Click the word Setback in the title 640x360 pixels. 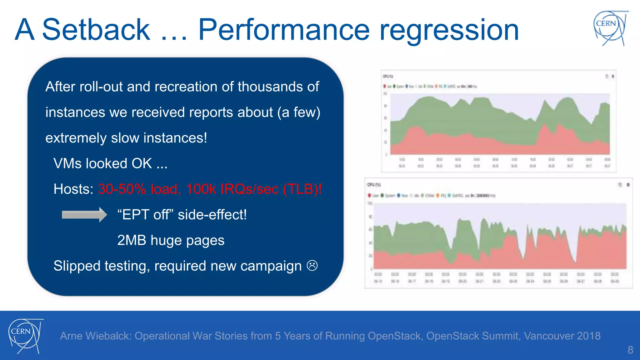pyautogui.click(x=96, y=30)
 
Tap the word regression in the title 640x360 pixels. pyautogui.click(x=449, y=31)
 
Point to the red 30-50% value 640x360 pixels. pyautogui.click(x=122, y=189)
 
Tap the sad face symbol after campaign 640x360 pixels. pyautogui.click(x=312, y=266)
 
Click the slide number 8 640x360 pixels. pyautogui.click(x=630, y=350)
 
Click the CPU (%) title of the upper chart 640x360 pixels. pyautogui.click(x=388, y=76)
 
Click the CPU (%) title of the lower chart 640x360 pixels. pyautogui.click(x=374, y=185)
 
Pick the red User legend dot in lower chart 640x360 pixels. pyautogui.click(x=369, y=196)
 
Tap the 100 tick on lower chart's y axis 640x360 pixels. pyautogui.click(x=370, y=203)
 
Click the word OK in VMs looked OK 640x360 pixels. pyautogui.click(x=142, y=163)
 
